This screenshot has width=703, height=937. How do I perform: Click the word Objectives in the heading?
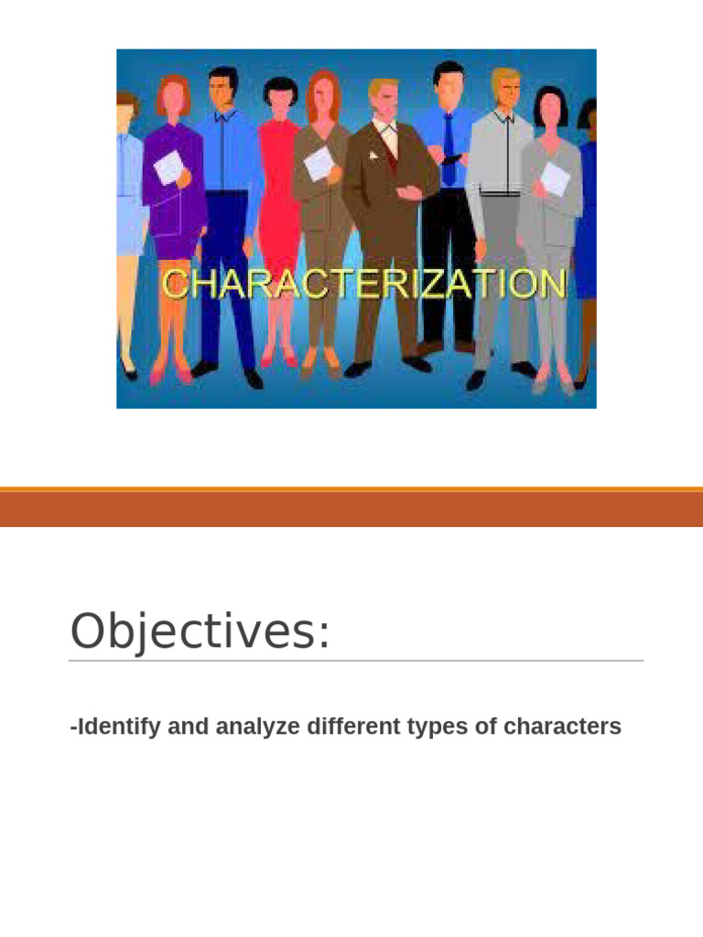click(x=193, y=631)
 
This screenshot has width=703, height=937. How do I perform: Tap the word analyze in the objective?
click(x=257, y=727)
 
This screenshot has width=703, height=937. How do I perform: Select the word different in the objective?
click(x=353, y=726)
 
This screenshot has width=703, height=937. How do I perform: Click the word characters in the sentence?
click(x=562, y=726)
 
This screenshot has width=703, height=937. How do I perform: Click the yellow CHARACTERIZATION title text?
click(x=363, y=284)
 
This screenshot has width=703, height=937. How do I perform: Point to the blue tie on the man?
click(x=449, y=149)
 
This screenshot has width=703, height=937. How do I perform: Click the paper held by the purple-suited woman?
click(x=168, y=167)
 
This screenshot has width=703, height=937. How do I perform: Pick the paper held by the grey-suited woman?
click(x=555, y=178)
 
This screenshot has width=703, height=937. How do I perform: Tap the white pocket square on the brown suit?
click(x=373, y=156)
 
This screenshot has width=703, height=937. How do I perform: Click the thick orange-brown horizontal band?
click(x=351, y=508)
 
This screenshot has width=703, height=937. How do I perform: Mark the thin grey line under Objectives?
click(x=356, y=661)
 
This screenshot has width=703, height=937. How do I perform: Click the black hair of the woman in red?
click(x=280, y=89)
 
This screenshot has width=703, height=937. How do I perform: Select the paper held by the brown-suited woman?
click(x=319, y=163)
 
